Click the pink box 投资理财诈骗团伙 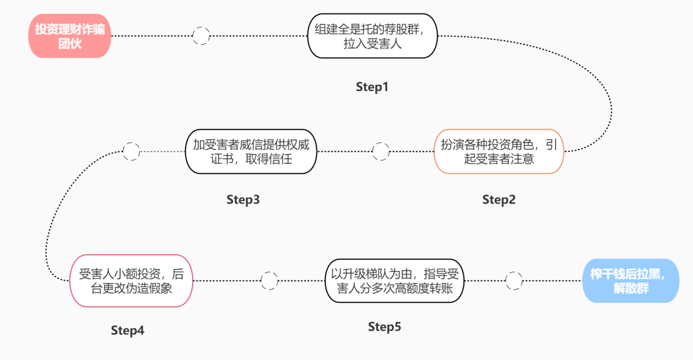click(x=69, y=36)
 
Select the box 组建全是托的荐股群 click(x=373, y=36)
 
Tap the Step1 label click(x=372, y=87)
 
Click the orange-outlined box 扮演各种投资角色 click(x=499, y=151)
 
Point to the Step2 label click(x=499, y=200)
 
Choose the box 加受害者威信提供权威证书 click(x=251, y=151)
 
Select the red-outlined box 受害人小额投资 click(x=131, y=281)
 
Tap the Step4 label click(x=127, y=330)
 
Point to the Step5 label click(x=384, y=327)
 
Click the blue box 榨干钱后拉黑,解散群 click(x=630, y=281)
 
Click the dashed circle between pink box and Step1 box click(x=201, y=36)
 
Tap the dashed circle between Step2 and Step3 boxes click(x=381, y=151)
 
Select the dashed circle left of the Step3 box click(x=131, y=151)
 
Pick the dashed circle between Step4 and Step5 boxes click(x=269, y=280)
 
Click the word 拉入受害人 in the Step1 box click(x=373, y=44)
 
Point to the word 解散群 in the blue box click(x=630, y=289)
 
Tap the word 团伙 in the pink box click(x=69, y=44)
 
